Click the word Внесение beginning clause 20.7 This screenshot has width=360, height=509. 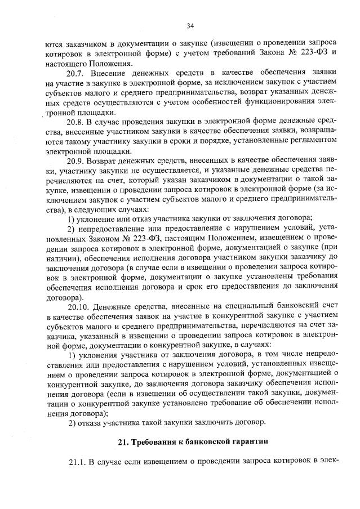click(x=112, y=73)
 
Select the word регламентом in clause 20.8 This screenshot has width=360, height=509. click(x=312, y=141)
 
